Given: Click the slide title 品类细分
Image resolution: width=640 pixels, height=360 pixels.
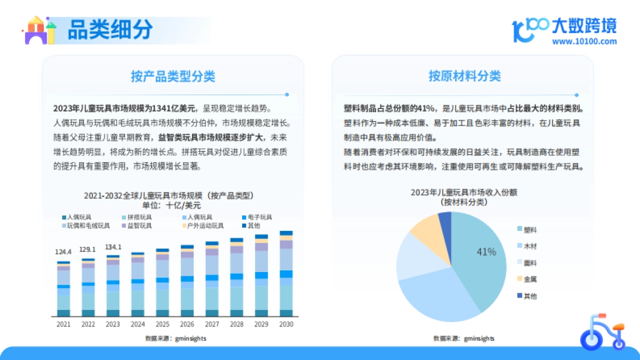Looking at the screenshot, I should click(110, 30).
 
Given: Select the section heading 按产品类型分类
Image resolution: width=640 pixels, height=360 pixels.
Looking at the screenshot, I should click(173, 76).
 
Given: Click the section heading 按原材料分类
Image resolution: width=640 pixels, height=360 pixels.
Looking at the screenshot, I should click(465, 76).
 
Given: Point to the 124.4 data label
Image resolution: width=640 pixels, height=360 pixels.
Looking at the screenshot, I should click(63, 251).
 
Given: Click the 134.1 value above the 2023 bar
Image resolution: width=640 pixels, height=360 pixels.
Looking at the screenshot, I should click(113, 247).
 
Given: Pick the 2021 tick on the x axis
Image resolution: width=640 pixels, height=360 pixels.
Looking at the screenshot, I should click(63, 324).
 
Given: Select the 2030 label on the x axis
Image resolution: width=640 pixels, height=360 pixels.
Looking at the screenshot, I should click(286, 324).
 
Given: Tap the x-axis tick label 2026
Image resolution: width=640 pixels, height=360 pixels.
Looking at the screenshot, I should click(187, 324).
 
